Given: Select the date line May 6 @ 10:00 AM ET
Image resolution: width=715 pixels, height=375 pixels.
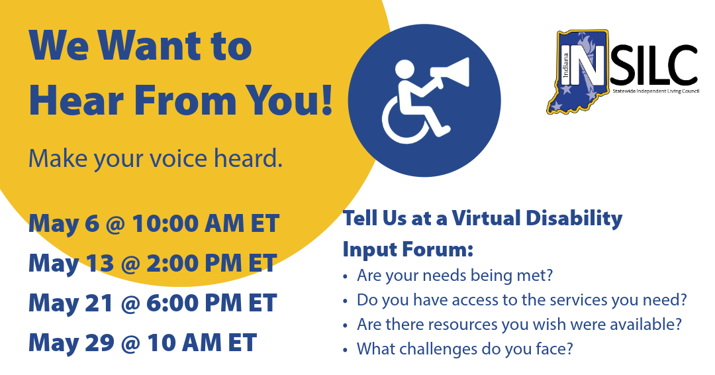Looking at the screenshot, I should click(x=154, y=224).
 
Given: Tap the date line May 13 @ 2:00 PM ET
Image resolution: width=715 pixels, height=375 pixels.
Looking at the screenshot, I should click(x=152, y=263).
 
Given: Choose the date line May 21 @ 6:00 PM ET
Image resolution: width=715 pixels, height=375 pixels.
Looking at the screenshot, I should click(x=152, y=303).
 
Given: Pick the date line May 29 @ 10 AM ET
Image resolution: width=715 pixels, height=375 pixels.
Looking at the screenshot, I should click(x=142, y=343).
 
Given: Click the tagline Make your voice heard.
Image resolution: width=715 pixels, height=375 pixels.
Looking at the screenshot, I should click(x=155, y=159).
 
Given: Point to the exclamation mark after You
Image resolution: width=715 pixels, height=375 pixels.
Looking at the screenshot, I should click(x=324, y=101).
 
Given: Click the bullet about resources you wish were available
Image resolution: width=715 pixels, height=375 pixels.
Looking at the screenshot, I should click(x=519, y=324).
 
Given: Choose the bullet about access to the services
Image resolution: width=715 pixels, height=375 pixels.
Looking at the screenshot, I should click(x=522, y=299).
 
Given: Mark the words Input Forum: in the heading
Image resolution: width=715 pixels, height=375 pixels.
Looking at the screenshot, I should click(x=408, y=250).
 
